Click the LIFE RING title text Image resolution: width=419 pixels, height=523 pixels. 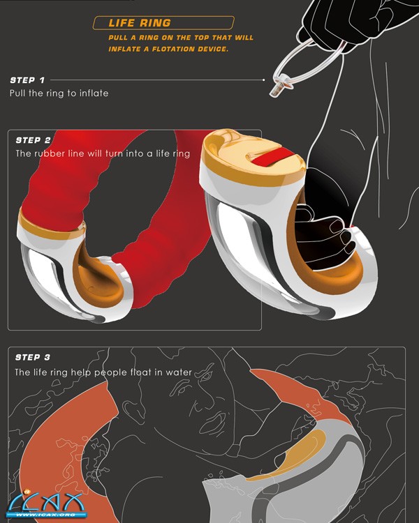140,23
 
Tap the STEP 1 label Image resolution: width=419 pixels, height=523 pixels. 27,80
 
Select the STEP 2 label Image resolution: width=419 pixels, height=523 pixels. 33,140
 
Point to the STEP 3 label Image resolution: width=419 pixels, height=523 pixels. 33,358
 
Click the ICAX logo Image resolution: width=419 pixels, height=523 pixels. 47,504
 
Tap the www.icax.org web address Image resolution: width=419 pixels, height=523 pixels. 46,515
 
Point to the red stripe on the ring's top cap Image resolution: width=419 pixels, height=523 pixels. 272,156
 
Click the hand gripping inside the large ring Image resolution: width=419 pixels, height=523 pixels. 325,235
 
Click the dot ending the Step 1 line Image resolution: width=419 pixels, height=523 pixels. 264,80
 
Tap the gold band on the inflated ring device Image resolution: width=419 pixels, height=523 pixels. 51,227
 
